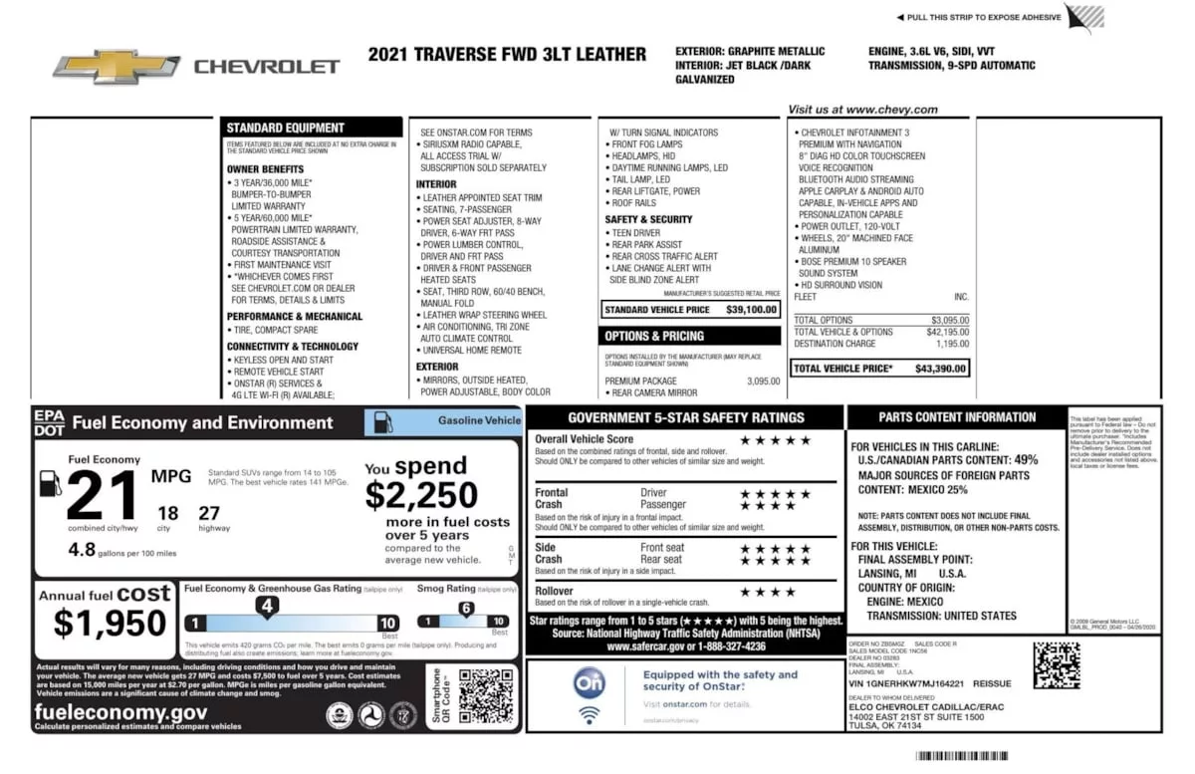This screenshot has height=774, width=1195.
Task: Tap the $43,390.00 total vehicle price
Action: [x=941, y=369]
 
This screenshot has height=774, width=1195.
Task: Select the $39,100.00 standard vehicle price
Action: [x=751, y=310]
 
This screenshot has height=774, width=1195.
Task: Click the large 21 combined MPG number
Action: [x=100, y=494]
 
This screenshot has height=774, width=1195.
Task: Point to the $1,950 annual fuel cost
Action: [x=110, y=624]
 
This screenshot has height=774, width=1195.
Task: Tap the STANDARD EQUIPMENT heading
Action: [x=285, y=128]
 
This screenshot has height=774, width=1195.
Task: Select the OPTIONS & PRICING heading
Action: [x=654, y=337]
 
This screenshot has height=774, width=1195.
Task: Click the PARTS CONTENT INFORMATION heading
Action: [x=957, y=417]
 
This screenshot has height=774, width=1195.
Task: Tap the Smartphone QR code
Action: [x=485, y=694]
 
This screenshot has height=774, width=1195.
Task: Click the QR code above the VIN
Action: [x=1056, y=664]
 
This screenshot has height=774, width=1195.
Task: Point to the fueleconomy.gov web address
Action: [x=120, y=712]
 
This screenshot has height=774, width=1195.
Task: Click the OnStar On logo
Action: [x=589, y=682]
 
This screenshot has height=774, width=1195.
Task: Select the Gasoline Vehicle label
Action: [x=479, y=421]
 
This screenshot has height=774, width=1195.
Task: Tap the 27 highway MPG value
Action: [x=209, y=513]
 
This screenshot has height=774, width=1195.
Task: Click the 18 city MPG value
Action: [x=168, y=513]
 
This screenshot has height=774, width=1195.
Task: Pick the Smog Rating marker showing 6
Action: [x=466, y=609]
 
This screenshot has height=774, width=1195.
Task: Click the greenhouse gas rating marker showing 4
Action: [x=267, y=606]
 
